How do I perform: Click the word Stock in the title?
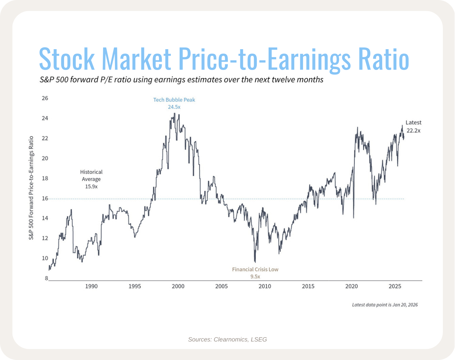[x=67, y=59]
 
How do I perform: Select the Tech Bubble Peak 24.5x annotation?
[x=174, y=103]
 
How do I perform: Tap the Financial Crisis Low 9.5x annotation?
[x=255, y=273]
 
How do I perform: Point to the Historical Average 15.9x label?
[x=91, y=179]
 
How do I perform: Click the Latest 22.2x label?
[x=413, y=127]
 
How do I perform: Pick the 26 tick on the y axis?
[x=45, y=98]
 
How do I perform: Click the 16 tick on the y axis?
[x=45, y=198]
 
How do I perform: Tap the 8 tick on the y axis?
[x=47, y=279]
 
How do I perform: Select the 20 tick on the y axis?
[x=45, y=158]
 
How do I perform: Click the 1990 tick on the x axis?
[x=91, y=286]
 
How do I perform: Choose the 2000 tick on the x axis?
[x=178, y=286]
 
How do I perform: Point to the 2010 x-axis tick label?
[x=265, y=286]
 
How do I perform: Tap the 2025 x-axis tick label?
[x=395, y=286]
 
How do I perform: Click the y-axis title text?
[x=31, y=188]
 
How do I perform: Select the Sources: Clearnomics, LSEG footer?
[x=227, y=339]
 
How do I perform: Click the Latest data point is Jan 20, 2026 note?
[x=385, y=305]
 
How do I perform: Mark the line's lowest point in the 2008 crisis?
[x=255, y=262]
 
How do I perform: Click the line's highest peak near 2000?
[x=174, y=113]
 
